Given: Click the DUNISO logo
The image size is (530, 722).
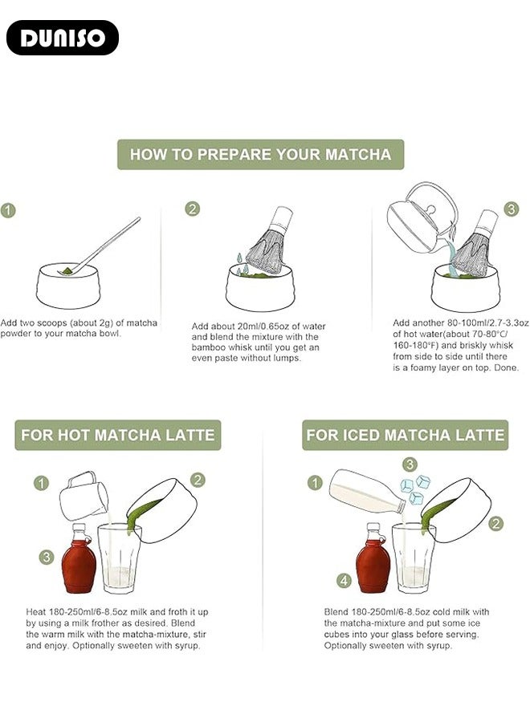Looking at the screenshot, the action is point(63,38).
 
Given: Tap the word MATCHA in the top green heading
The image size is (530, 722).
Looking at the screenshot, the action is point(358,154).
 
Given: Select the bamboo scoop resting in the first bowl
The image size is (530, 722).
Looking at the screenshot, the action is point(99,246).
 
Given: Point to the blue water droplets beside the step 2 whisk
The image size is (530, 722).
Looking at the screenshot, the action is point(242,264).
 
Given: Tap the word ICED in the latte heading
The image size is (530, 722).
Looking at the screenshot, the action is point(360,435).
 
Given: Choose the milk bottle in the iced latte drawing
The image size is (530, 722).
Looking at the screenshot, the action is point(367,491).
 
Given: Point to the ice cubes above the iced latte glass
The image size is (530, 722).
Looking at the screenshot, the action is point(415,489).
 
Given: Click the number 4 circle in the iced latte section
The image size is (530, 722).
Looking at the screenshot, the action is point(344,580).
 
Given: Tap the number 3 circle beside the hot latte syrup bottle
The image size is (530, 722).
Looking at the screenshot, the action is point(46,558).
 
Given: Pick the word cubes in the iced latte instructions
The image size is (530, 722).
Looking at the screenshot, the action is point(337,635).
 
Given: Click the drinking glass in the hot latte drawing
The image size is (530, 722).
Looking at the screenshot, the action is point(120,558).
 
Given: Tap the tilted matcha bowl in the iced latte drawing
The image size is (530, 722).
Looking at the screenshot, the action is point(456,509).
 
